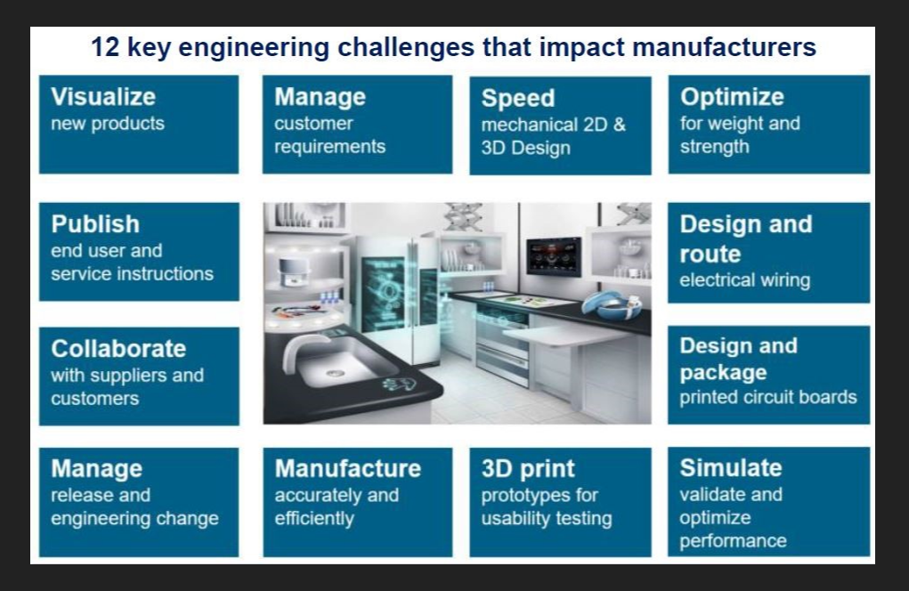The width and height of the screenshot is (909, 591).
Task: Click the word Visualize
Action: click(103, 97)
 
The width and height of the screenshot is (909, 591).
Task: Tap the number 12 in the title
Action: click(105, 47)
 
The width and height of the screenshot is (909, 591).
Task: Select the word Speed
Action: click(517, 99)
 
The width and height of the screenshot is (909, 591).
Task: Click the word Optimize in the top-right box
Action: click(732, 97)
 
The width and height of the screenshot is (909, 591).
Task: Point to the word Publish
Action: click(95, 224)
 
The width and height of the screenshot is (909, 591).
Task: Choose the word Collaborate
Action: click(118, 349)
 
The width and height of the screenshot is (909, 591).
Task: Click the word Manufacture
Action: click(348, 468)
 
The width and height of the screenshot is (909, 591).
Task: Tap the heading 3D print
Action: click(528, 469)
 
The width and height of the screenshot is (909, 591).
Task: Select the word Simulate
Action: click(730, 467)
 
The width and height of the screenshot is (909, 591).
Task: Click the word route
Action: click(710, 254)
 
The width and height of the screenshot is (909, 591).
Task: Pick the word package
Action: click(723, 373)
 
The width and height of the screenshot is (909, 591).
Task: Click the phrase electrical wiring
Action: click(745, 279)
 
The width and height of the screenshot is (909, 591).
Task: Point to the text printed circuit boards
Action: click(768, 397)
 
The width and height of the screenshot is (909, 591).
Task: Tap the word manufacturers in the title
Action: click(724, 47)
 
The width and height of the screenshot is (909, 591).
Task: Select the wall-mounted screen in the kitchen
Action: click(553, 255)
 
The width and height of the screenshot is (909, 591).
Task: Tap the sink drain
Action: click(335, 373)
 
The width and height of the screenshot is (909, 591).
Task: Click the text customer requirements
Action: click(330, 135)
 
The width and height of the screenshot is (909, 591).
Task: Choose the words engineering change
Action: click(134, 519)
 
